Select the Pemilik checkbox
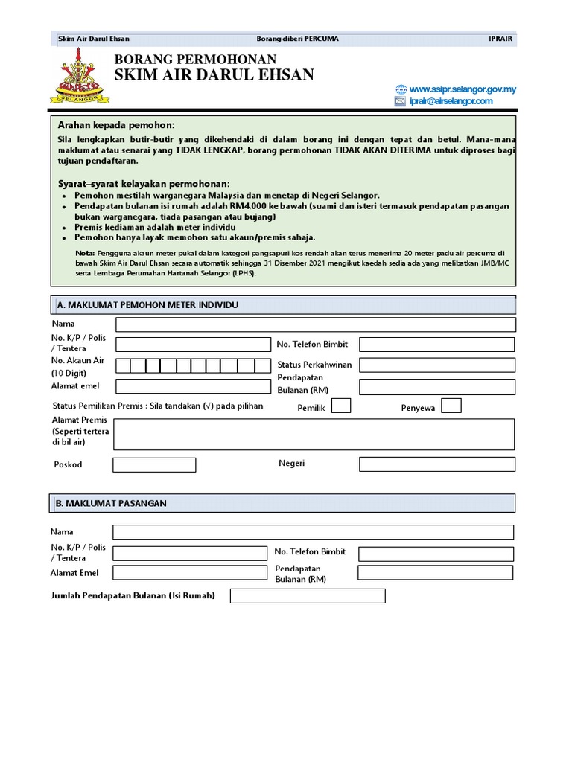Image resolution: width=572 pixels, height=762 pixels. pyautogui.click(x=341, y=406)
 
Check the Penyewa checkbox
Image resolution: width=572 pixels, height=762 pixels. pyautogui.click(x=451, y=406)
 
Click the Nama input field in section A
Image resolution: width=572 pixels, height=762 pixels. pyautogui.click(x=315, y=324)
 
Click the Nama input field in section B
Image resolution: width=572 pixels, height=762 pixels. pyautogui.click(x=313, y=532)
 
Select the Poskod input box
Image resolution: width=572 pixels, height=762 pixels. pyautogui.click(x=154, y=465)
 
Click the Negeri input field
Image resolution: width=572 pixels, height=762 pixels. pyautogui.click(x=436, y=464)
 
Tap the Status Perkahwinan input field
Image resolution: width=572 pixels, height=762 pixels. pyautogui.click(x=436, y=365)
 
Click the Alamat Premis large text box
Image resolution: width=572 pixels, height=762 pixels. pyautogui.click(x=314, y=434)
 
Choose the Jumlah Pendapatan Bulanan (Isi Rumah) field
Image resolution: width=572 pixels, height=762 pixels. pyautogui.click(x=308, y=596)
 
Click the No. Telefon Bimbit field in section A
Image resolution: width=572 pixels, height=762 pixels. pyautogui.click(x=436, y=345)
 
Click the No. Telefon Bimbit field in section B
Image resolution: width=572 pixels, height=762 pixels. pyautogui.click(x=435, y=554)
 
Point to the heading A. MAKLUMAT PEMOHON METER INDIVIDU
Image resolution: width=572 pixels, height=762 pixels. pyautogui.click(x=147, y=305)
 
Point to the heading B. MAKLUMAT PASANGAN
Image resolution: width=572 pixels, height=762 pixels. pyautogui.click(x=112, y=504)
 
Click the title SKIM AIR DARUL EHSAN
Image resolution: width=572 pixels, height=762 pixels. pyautogui.click(x=214, y=74)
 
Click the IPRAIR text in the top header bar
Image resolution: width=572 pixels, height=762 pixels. pyautogui.click(x=500, y=39)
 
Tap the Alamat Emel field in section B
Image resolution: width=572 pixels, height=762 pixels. pyautogui.click(x=189, y=573)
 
